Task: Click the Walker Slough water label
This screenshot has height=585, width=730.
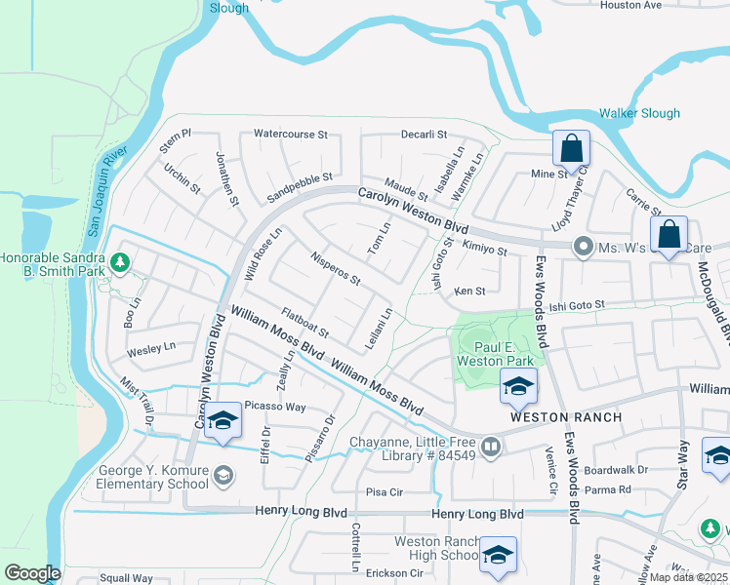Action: tap(639, 113)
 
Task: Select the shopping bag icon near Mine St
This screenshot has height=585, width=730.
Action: tap(571, 150)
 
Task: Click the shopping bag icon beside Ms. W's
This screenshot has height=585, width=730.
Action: tap(669, 236)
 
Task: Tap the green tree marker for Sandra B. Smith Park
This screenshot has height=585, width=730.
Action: tap(120, 262)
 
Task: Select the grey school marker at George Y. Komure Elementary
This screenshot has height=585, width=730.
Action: tap(223, 475)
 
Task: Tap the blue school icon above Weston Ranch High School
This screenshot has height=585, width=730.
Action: tap(498, 555)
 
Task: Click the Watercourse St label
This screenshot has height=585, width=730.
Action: tap(293, 134)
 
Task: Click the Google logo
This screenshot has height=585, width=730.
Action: tap(32, 573)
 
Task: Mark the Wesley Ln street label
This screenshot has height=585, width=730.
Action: tap(151, 347)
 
